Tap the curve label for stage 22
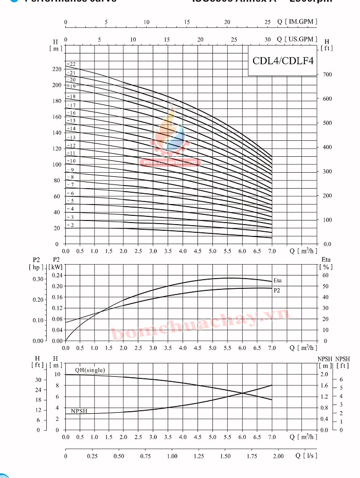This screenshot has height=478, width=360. click(71, 65)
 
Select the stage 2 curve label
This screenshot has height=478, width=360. click(71, 225)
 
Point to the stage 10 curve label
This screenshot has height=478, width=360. click(71, 161)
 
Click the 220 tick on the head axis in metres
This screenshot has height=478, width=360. click(56, 69)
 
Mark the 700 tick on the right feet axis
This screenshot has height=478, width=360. click(327, 75)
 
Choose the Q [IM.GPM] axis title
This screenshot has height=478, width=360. click(297, 22)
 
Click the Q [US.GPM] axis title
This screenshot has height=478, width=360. click(297, 39)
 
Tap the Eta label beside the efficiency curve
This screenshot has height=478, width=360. click(278, 281)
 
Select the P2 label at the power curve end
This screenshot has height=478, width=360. click(277, 290)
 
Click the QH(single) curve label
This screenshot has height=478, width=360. click(90, 370)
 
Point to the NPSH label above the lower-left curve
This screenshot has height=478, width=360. click(79, 411)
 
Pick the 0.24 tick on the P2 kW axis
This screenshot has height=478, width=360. click(57, 275)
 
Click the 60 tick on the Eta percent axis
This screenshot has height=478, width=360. click(325, 275)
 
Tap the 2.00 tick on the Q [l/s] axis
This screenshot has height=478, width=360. click(278, 456)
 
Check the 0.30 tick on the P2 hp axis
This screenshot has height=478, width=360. click(39, 279)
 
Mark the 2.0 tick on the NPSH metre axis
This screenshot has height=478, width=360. click(323, 374)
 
